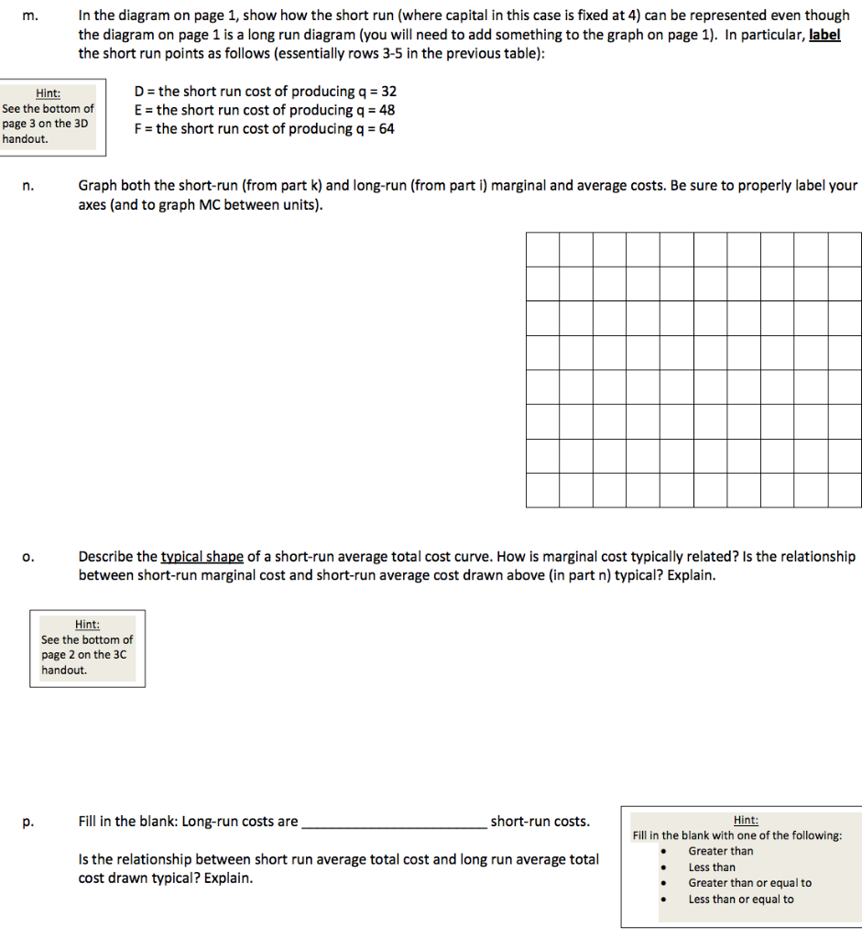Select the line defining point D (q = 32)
coord(265,92)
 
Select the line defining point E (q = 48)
coord(265,110)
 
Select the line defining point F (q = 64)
coord(265,129)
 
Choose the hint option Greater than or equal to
coord(749,883)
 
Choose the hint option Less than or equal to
coord(741,900)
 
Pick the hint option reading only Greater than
coord(720,851)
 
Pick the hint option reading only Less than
coord(712,867)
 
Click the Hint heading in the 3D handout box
coord(48,93)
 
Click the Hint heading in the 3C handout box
coord(87,624)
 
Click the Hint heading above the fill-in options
coord(746,820)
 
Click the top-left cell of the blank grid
coord(543,249)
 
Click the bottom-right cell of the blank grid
coord(845,490)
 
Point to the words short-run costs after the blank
coord(540,822)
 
